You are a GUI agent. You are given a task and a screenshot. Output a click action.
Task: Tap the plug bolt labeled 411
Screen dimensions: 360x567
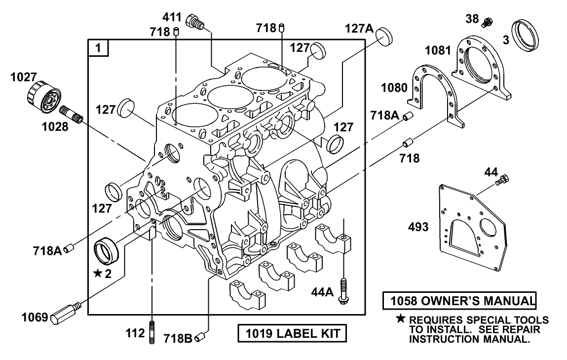pyautogui.click(x=194, y=22)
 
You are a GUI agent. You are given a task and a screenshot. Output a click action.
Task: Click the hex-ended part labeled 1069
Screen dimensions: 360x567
pyautogui.click(x=64, y=314)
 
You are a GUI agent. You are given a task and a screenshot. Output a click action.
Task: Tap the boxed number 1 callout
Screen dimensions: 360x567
pyautogui.click(x=99, y=48)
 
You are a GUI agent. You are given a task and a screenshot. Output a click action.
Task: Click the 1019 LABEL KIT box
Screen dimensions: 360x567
pyautogui.click(x=292, y=333)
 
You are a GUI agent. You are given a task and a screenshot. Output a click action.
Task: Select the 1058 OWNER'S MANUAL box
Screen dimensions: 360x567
pyautogui.click(x=459, y=301)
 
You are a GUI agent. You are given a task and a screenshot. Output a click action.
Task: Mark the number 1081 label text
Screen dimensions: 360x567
pyautogui.click(x=438, y=50)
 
